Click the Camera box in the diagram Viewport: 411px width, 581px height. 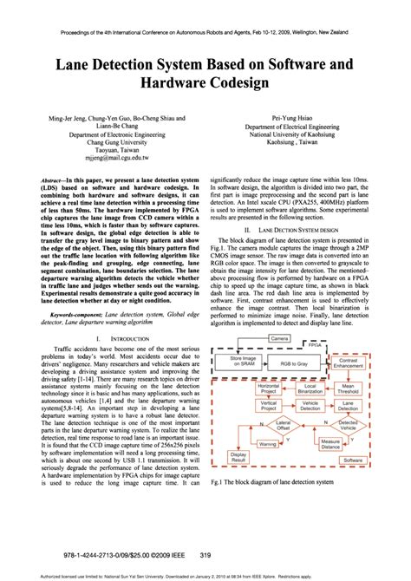pyautogui.click(x=279, y=338)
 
